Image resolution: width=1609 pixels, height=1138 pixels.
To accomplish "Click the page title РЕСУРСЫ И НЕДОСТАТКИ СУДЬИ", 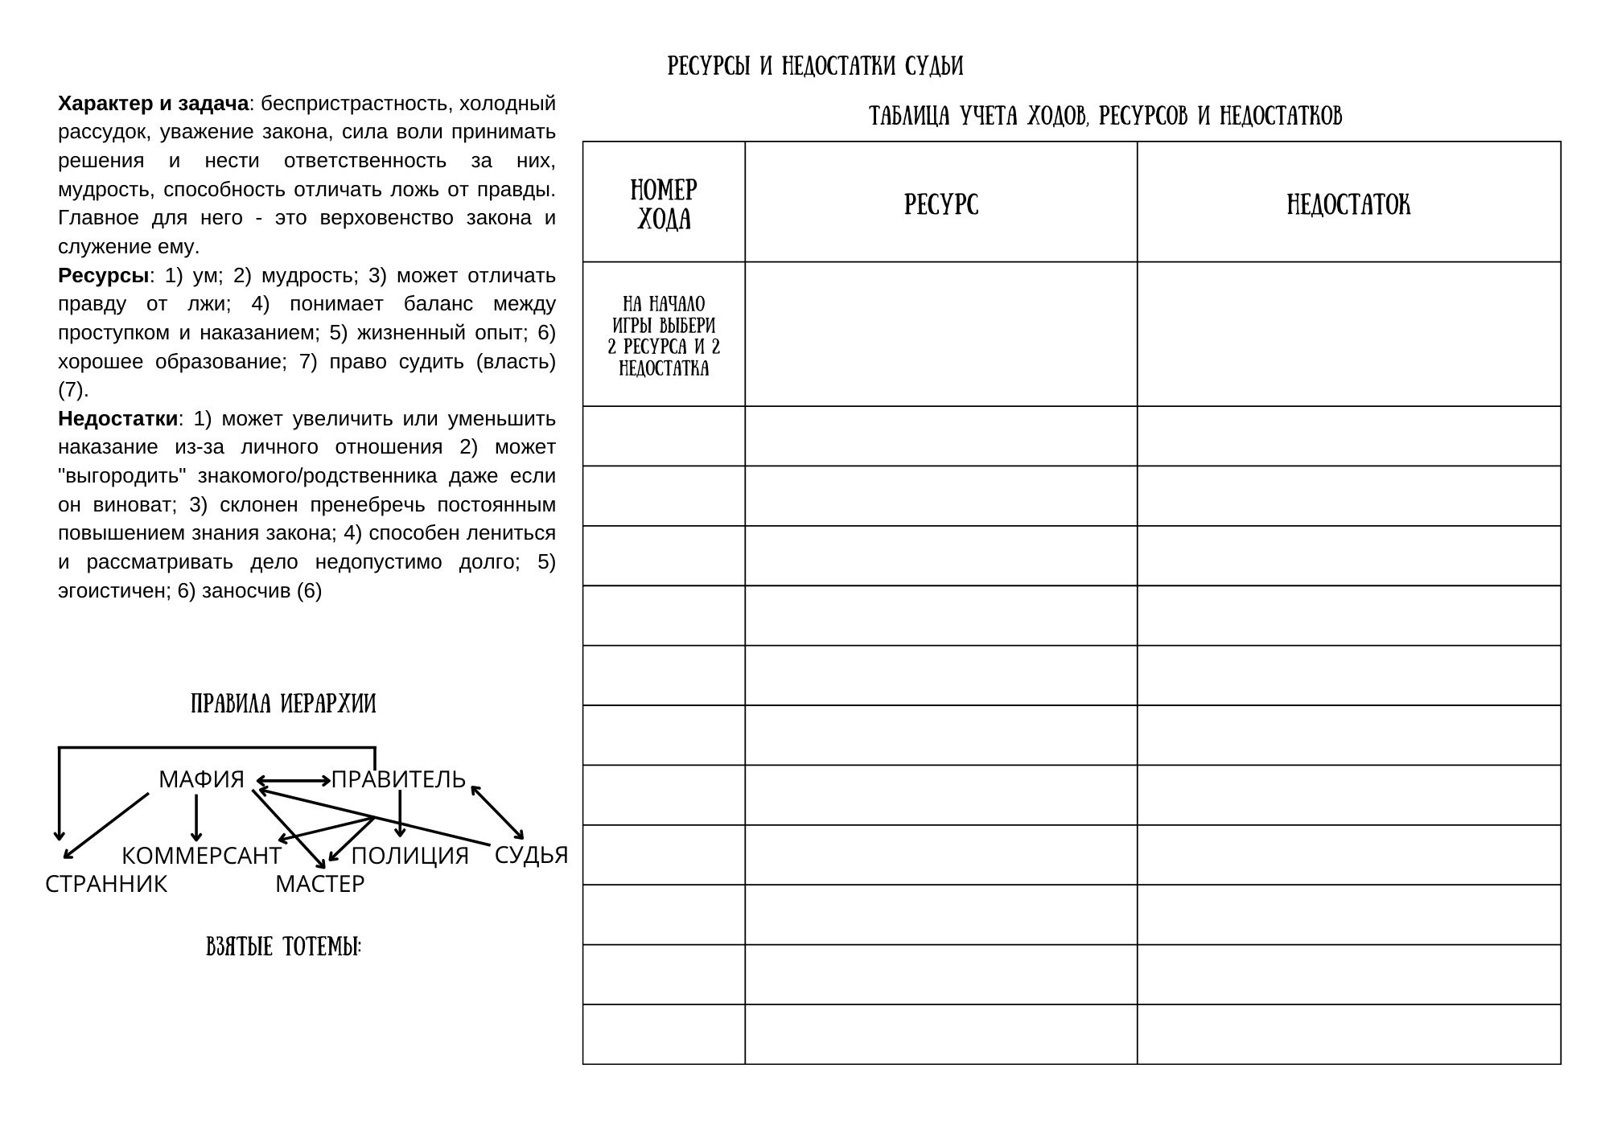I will pyautogui.click(x=815, y=66).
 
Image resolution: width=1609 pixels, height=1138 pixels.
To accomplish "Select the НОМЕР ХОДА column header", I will pyautogui.click(x=664, y=203).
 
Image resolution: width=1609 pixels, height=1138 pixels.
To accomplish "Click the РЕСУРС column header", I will pyautogui.click(x=941, y=205).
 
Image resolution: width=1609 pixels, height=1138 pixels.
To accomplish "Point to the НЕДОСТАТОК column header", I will pyautogui.click(x=1348, y=205).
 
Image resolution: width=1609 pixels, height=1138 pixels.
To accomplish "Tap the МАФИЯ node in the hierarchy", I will pyautogui.click(x=201, y=779).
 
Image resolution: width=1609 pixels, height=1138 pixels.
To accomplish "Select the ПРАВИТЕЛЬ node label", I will pyautogui.click(x=399, y=779).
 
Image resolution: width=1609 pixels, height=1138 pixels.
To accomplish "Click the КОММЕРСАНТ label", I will pyautogui.click(x=201, y=856).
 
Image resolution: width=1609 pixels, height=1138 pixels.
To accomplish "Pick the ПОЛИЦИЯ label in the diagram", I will pyautogui.click(x=409, y=856).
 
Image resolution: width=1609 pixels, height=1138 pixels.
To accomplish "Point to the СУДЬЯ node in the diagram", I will pyautogui.click(x=531, y=855).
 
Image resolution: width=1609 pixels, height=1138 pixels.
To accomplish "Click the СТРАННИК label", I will pyautogui.click(x=106, y=884).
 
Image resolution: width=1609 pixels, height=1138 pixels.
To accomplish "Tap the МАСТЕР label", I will pyautogui.click(x=319, y=884).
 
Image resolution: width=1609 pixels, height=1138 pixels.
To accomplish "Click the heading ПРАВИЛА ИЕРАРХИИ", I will pyautogui.click(x=283, y=705).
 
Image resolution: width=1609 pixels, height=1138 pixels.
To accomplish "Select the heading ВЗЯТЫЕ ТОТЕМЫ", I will pyautogui.click(x=283, y=947).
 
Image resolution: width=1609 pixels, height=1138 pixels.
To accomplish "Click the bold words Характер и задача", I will pyautogui.click(x=153, y=104).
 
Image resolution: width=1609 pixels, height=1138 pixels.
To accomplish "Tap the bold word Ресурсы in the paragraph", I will pyautogui.click(x=104, y=276).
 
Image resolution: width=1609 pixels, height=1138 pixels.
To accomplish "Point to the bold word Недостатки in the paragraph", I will pyautogui.click(x=117, y=419).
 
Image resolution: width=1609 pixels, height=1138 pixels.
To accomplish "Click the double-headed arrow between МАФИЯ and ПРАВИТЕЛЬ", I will pyautogui.click(x=293, y=780).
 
